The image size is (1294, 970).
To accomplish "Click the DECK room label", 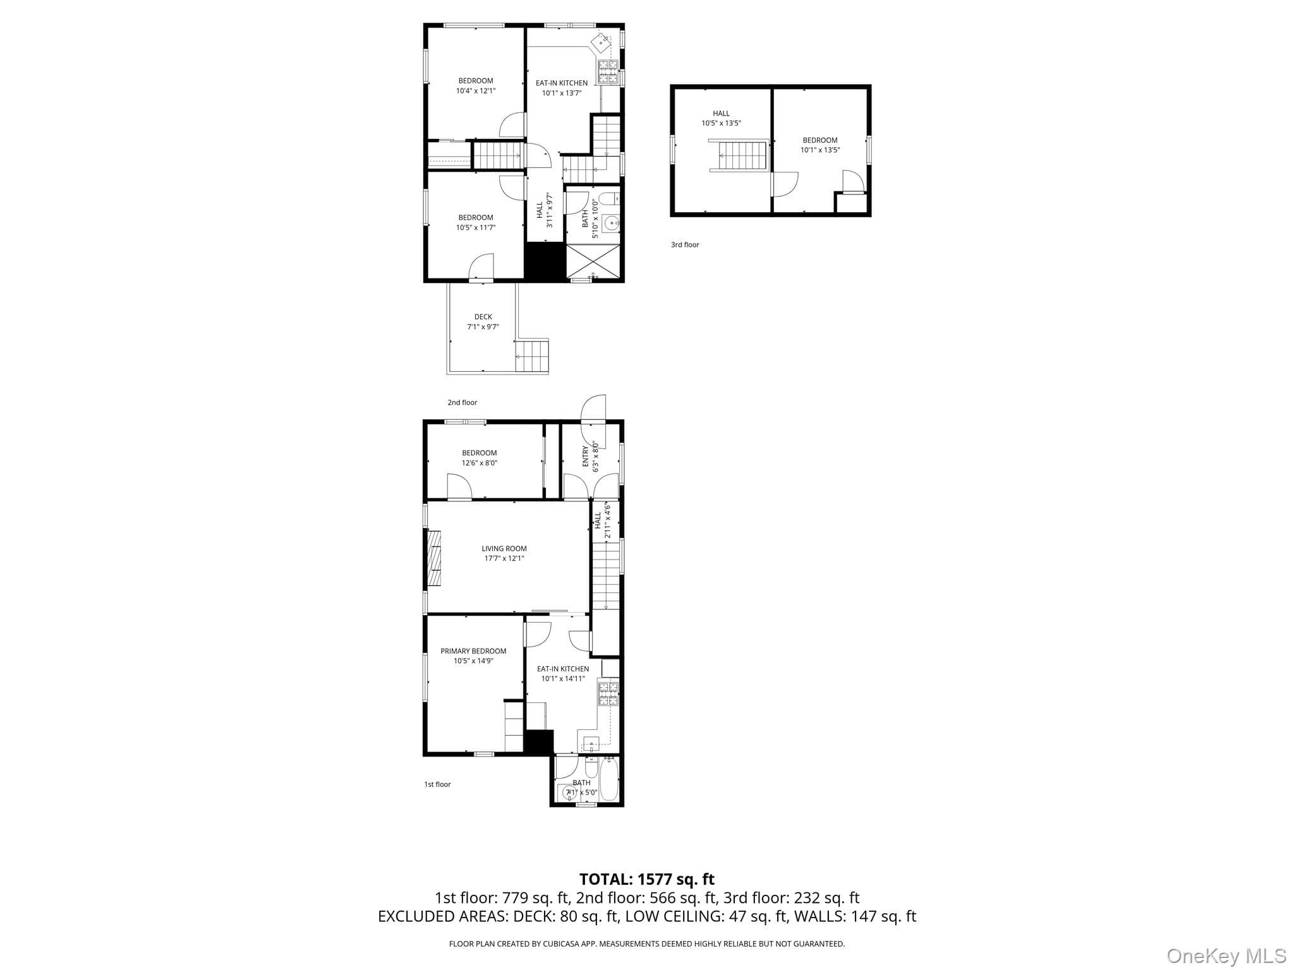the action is tap(483, 317).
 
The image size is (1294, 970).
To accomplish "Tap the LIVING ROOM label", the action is tap(504, 549).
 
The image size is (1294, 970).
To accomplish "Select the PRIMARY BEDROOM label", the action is tap(473, 651).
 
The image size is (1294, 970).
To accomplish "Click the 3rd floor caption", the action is tap(685, 244).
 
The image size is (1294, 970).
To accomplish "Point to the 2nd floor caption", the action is tap(463, 402).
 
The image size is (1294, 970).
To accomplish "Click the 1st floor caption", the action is tap(437, 784).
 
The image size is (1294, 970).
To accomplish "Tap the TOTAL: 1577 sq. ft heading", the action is tap(647, 879).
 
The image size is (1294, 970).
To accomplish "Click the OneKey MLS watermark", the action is tap(1226, 955).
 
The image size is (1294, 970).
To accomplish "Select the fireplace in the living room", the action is tap(434, 560).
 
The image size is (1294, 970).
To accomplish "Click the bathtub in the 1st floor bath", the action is tap(608, 779).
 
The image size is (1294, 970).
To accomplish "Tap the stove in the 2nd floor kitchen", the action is tap(608, 71).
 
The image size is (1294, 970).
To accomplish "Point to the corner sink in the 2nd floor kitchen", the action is tap(602, 42).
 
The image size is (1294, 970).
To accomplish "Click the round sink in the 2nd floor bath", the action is tap(611, 222).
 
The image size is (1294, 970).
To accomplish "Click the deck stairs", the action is tap(532, 356).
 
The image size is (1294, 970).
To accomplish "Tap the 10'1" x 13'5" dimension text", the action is tap(820, 150).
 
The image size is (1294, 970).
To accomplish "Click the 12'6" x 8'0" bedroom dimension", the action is tap(480, 463).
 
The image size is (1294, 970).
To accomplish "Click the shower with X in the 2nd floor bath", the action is tap(593, 261).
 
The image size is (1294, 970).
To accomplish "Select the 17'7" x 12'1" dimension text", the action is tap(504, 559).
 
